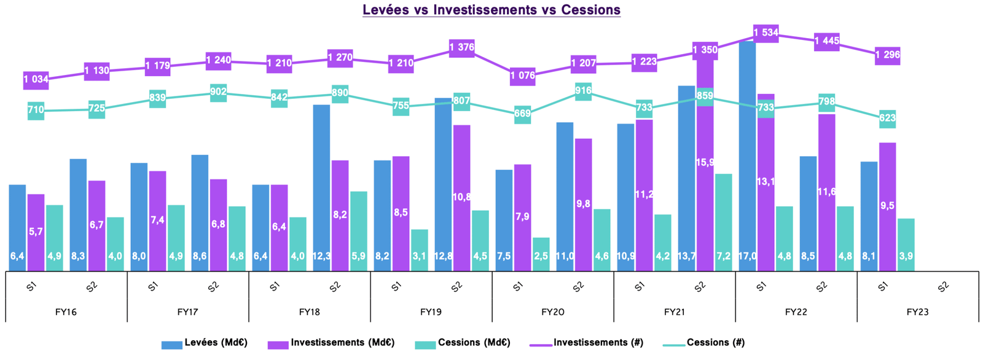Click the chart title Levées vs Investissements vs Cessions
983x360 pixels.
[x=491, y=10]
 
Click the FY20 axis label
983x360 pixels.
[x=553, y=312]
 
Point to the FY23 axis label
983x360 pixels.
[x=918, y=312]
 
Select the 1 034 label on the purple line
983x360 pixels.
[x=36, y=79]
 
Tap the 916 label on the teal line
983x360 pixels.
[x=583, y=92]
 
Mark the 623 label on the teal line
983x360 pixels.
[x=887, y=117]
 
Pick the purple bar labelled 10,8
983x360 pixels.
[x=461, y=197]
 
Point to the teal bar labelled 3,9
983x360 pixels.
[x=906, y=244]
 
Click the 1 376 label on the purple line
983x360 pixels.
[x=461, y=47]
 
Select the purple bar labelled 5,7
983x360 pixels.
[x=36, y=232]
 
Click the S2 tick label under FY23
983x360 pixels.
[x=943, y=287]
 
